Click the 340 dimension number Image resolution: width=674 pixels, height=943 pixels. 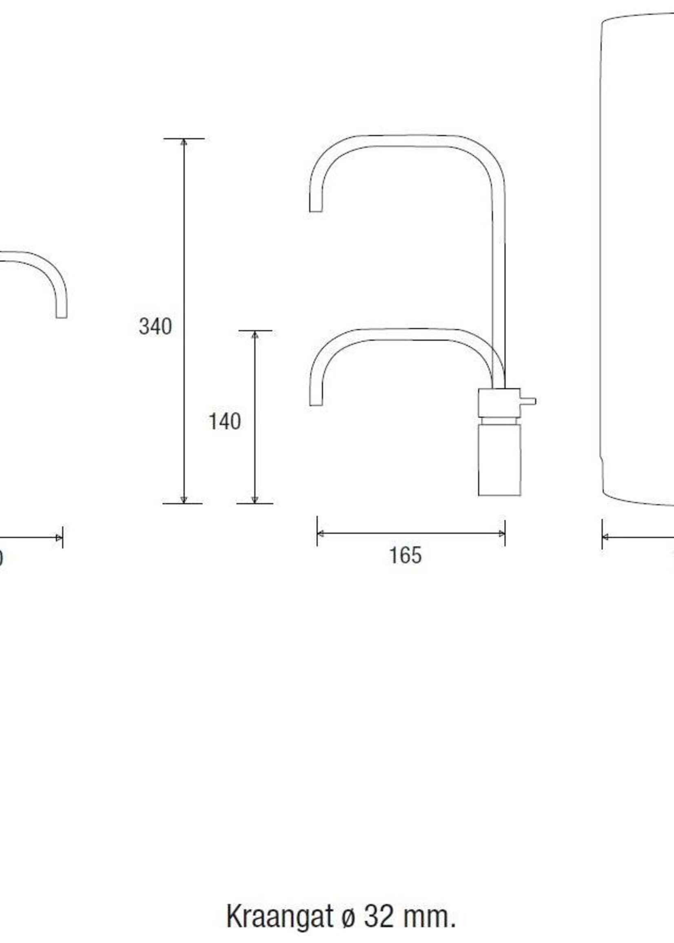coord(155,327)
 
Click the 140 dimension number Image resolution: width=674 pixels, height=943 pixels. coord(224,422)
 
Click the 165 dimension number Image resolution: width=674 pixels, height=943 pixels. coord(405,555)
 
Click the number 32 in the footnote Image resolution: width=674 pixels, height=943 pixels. coord(379,894)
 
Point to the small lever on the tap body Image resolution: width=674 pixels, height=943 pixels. coord(528,401)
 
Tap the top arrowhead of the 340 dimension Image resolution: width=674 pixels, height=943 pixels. coord(184,142)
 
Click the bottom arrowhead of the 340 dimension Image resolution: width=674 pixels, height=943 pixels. coord(184,500)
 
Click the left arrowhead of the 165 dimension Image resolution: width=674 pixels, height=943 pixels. coord(320,533)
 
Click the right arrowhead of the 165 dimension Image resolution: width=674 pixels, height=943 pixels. coord(502,533)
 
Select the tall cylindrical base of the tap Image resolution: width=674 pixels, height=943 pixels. coord(499,460)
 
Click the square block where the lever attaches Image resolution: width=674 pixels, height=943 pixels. coord(499,403)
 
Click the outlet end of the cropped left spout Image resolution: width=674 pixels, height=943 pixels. coord(62,316)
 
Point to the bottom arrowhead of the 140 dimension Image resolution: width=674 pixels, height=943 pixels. coord(255,500)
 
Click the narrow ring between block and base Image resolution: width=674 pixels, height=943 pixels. coord(499,421)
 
